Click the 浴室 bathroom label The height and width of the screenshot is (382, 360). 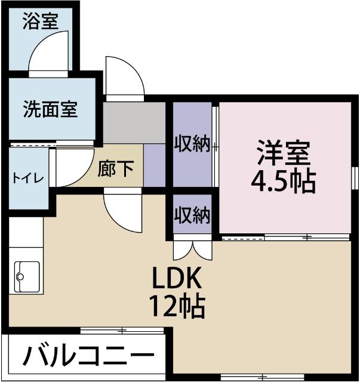40,22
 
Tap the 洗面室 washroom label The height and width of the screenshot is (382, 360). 51,110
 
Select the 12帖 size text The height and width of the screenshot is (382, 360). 177,307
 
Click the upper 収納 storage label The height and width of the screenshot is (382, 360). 192,144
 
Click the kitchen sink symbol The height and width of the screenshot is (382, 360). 27,276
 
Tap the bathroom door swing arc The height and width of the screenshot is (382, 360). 50,50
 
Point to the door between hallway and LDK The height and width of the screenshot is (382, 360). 123,212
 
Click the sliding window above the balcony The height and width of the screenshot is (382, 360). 122,329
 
